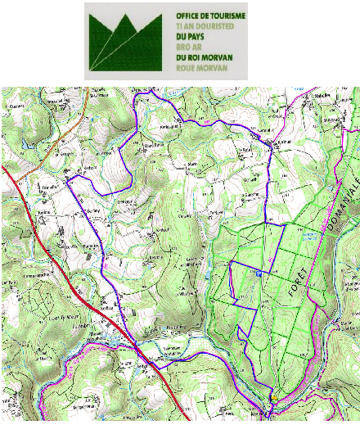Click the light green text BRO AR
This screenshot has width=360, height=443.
[x=188, y=47]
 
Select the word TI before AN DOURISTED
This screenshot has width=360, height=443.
[x=178, y=26]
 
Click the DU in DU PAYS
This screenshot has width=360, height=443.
[x=182, y=37]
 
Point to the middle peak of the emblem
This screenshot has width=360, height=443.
[x=128, y=25]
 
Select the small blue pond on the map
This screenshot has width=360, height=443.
[x=308, y=237]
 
